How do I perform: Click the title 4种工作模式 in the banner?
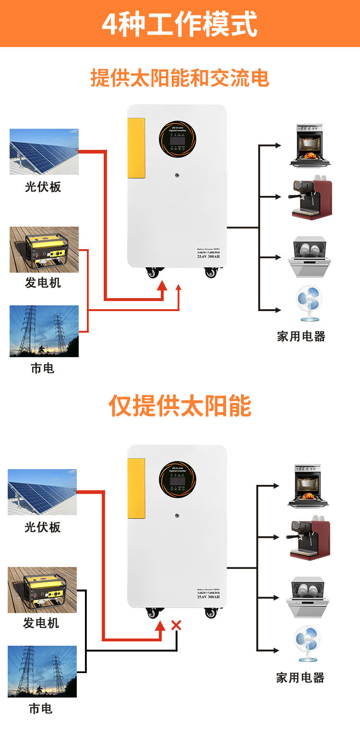[x=180, y=24]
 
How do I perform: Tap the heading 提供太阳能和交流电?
[x=180, y=78]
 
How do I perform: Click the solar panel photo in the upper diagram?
[x=44, y=152]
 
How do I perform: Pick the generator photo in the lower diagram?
[x=42, y=590]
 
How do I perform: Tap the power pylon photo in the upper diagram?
[x=44, y=331]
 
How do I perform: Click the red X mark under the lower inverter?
[x=176, y=625]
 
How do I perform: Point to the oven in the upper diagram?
[x=310, y=145]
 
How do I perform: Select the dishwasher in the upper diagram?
[x=310, y=257]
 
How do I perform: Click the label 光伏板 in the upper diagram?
[x=43, y=187]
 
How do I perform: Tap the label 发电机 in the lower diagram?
[x=41, y=623]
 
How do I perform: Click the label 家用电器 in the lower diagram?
[x=300, y=677]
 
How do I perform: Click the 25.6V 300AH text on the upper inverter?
[x=208, y=256]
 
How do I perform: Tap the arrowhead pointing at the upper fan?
[x=278, y=310]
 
